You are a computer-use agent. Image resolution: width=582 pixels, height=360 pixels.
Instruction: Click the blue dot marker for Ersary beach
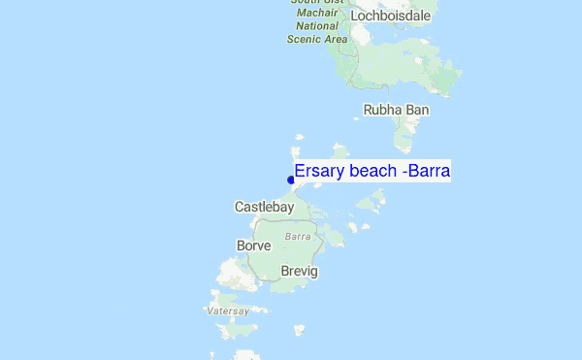tap(291, 180)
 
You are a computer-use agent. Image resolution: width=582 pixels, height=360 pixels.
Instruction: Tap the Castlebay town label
tap(264, 207)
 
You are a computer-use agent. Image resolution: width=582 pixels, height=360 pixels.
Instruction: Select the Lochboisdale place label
tap(390, 16)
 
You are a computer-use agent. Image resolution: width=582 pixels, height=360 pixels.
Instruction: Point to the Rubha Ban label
tap(396, 111)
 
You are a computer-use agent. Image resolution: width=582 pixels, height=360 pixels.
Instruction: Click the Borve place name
tap(254, 246)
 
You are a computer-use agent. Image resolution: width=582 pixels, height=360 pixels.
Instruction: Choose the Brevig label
tap(299, 271)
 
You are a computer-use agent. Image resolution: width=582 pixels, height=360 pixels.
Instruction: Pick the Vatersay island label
tap(228, 311)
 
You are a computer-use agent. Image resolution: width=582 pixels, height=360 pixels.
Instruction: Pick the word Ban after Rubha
tap(417, 111)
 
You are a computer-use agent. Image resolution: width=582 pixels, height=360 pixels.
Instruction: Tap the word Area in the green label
tap(335, 40)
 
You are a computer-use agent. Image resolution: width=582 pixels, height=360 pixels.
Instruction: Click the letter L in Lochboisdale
tap(355, 16)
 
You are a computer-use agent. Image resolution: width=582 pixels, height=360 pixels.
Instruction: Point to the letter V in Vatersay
tap(210, 311)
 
